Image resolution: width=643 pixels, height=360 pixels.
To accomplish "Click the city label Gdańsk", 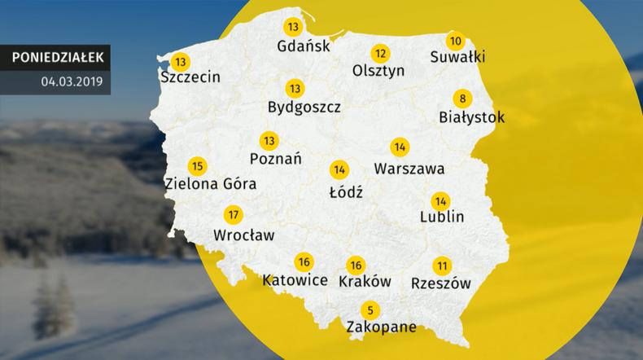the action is (304, 46).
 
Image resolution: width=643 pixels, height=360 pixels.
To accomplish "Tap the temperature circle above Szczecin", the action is (179, 62).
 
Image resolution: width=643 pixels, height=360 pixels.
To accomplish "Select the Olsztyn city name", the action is (378, 71).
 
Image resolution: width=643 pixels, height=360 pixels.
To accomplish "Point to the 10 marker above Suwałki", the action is (456, 41).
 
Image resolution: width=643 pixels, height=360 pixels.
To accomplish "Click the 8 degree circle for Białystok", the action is (463, 99).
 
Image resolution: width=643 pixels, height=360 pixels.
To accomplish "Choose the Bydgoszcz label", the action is (304, 107).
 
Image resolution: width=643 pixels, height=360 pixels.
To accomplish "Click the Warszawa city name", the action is (409, 170).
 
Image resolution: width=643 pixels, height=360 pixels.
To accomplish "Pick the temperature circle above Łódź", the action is (339, 170).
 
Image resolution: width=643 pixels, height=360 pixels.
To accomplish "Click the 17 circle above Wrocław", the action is (233, 216).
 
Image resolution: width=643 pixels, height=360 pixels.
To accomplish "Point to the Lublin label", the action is (441, 217).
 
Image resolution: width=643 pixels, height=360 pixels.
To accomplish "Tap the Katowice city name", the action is (295, 280).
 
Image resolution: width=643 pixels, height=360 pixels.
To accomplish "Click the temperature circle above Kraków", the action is (355, 265).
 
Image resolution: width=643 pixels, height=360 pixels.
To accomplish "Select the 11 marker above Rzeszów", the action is (442, 266).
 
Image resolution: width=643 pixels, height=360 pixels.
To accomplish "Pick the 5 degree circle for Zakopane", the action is (370, 310).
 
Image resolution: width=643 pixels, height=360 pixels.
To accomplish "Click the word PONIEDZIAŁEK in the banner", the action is (58, 57).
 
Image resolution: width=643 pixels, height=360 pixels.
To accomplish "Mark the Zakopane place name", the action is (381, 327).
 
